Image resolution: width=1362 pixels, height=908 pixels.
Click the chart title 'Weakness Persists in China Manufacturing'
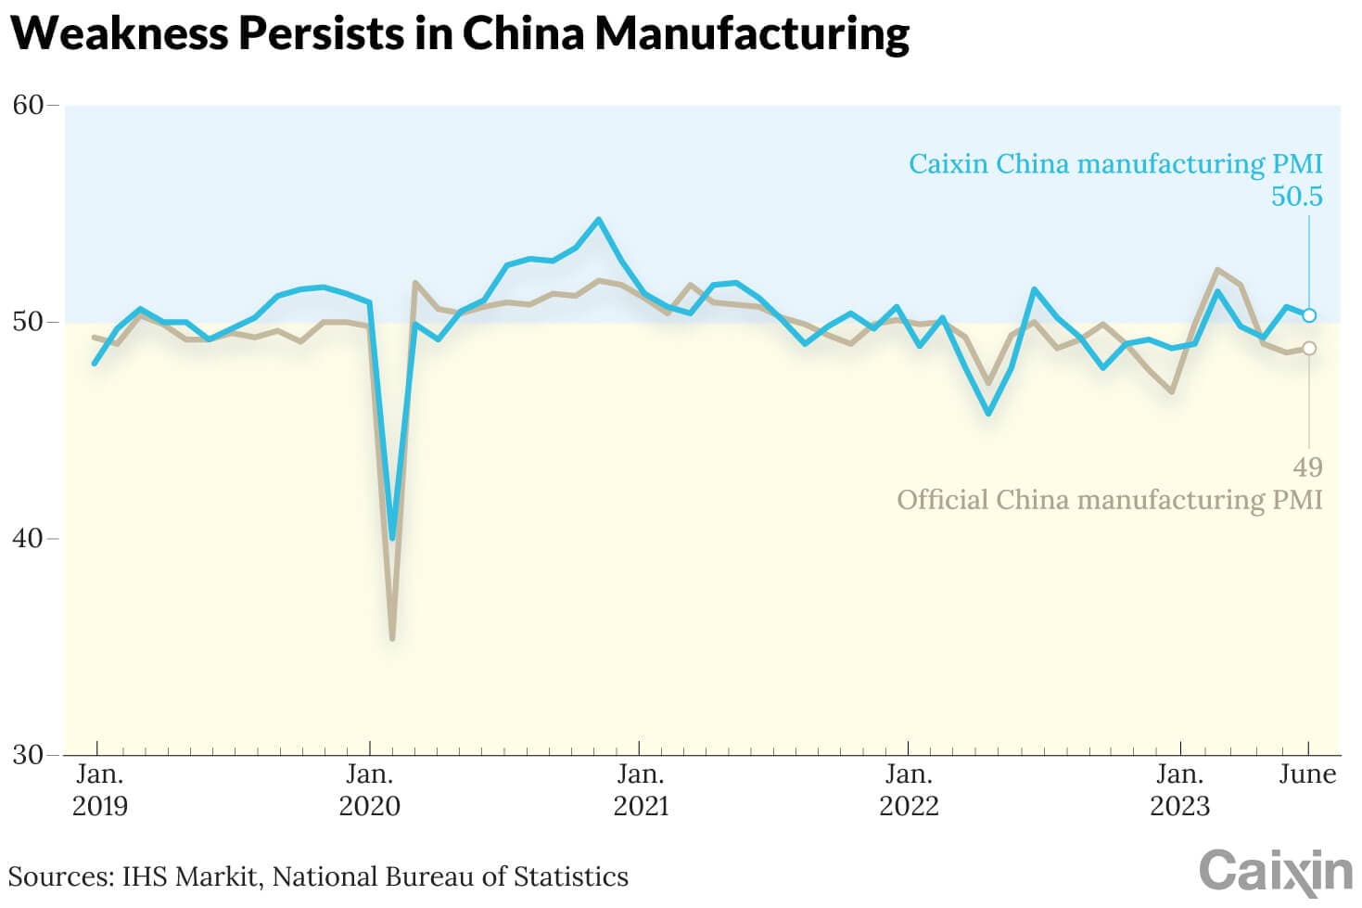460,33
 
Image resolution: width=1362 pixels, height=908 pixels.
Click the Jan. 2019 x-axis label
99,789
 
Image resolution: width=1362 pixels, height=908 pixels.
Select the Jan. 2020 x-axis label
369,789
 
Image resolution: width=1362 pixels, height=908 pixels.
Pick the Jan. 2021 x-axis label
640,789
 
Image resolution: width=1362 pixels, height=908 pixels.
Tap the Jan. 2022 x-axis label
909,789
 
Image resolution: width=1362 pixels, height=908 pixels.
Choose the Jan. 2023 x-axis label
1179,789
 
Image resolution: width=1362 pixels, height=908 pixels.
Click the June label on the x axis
1307,774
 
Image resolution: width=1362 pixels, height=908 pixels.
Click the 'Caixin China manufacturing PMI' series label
1114,164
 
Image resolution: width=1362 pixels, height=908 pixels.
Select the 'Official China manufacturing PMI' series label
1109,500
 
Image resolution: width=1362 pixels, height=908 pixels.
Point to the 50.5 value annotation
1296,197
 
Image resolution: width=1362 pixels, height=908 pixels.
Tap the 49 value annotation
1307,467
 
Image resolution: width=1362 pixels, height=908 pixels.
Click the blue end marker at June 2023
1309,315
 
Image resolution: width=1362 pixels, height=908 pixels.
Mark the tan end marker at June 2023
1309,348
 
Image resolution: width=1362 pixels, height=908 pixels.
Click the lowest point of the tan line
392,639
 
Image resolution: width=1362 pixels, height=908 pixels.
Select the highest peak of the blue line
599,220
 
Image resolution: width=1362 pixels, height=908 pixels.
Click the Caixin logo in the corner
1276,873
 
